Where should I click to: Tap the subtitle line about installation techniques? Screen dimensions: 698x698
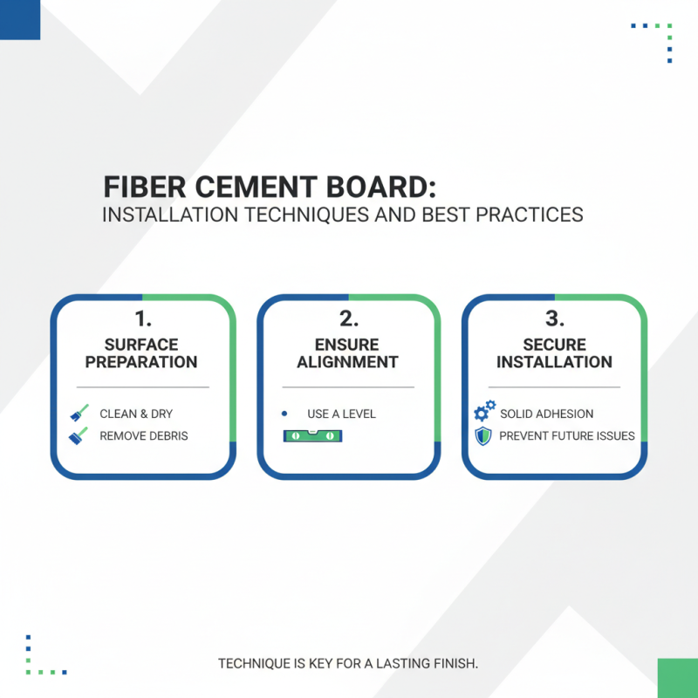pyautogui.click(x=342, y=215)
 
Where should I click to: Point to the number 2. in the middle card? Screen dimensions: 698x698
pyautogui.click(x=348, y=319)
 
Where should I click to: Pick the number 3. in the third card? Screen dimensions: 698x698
pyautogui.click(x=554, y=319)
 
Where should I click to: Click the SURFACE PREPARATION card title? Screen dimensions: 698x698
pyautogui.click(x=142, y=352)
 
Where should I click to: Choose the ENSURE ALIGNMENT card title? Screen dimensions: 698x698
pyautogui.click(x=348, y=352)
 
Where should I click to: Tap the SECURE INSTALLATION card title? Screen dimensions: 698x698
pyautogui.click(x=554, y=352)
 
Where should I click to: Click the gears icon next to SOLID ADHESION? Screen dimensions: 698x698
pyautogui.click(x=484, y=412)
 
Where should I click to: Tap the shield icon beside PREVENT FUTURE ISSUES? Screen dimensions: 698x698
pyautogui.click(x=483, y=435)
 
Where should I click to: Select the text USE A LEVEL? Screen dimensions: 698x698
pyautogui.click(x=342, y=414)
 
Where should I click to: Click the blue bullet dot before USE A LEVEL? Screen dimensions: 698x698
pyautogui.click(x=284, y=413)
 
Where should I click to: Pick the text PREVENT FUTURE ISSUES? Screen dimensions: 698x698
pyautogui.click(x=567, y=435)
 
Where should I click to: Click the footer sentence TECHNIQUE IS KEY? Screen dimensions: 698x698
pyautogui.click(x=348, y=664)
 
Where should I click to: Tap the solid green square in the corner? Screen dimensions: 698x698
pyautogui.click(x=677, y=678)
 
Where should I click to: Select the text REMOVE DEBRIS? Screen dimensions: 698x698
pyautogui.click(x=144, y=435)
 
